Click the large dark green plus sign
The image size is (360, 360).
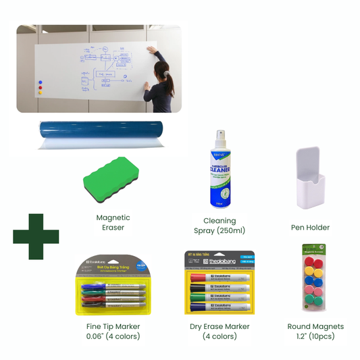coord(36,236)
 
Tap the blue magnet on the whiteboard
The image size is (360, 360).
coord(39,81)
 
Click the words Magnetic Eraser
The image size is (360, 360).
coord(113,222)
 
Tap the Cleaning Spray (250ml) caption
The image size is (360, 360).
coord(220,226)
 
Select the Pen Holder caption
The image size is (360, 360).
coord(310,228)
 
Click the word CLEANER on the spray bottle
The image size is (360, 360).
coord(220,170)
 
